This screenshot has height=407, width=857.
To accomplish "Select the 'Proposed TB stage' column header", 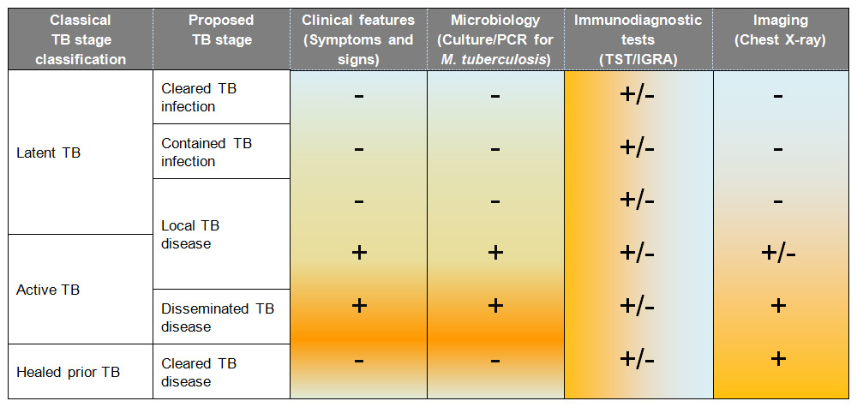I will click(x=220, y=30).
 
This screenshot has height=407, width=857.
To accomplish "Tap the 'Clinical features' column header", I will click(x=358, y=39).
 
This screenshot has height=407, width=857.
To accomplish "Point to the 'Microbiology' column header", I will click(x=495, y=39).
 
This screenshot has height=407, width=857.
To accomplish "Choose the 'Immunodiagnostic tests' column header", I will click(x=638, y=39).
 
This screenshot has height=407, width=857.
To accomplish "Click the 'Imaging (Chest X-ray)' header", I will click(x=777, y=30).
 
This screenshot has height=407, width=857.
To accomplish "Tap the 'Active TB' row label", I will click(x=48, y=290).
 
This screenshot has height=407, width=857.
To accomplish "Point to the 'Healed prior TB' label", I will click(x=69, y=372).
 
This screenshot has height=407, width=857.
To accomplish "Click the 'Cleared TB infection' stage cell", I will click(x=200, y=98).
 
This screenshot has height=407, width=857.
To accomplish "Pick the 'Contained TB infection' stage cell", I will click(x=206, y=152).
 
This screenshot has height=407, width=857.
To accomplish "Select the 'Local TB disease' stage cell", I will click(x=191, y=234).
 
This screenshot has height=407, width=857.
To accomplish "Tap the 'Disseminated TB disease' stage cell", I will click(x=218, y=317).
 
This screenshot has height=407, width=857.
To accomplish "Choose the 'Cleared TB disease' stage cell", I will click(x=200, y=372).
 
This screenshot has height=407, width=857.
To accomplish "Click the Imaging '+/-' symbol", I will click(x=777, y=254).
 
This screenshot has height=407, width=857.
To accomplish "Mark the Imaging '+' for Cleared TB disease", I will click(x=777, y=358).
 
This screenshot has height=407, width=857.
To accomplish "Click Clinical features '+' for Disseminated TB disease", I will click(x=358, y=306).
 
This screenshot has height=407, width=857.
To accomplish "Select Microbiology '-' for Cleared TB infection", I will click(x=495, y=95).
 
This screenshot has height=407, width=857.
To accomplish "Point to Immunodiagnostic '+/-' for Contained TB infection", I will click(x=638, y=148).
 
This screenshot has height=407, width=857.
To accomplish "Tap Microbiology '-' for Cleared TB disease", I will click(x=495, y=361).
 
